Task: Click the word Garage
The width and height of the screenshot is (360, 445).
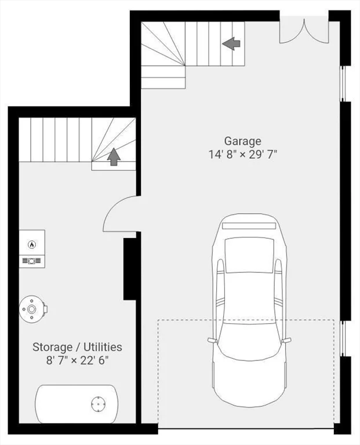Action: [x=242, y=141]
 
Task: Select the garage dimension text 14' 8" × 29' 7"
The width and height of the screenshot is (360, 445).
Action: [x=243, y=155]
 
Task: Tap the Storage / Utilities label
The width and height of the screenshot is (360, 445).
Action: [x=77, y=347]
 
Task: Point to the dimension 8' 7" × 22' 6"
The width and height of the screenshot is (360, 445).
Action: [x=78, y=361]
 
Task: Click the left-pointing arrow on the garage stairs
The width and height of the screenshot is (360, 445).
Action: [x=231, y=43]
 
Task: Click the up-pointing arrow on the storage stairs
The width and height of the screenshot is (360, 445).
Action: [x=114, y=156]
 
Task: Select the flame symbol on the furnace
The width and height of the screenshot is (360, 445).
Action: [x=32, y=244]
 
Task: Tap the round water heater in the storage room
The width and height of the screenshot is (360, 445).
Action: [x=32, y=309]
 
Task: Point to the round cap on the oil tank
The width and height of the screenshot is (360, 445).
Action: [x=98, y=404]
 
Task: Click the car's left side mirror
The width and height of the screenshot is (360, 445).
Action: [x=212, y=340]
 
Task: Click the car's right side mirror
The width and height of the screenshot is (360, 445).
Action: [x=286, y=340]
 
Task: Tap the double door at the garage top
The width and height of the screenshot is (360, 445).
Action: [x=304, y=31]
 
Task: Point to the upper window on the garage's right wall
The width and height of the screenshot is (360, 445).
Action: [x=343, y=83]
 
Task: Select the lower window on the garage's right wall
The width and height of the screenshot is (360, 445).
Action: [x=343, y=338]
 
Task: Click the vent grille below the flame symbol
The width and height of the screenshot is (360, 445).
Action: [x=32, y=261]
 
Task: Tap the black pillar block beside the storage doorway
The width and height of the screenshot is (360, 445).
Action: [x=130, y=269]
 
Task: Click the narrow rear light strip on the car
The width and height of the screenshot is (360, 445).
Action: [x=249, y=226]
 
